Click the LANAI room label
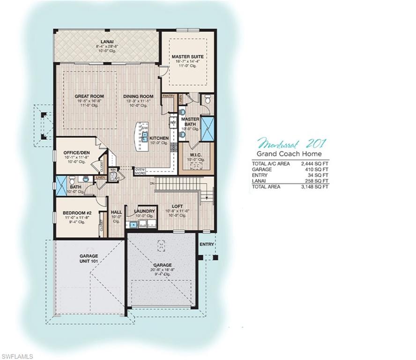[107, 42]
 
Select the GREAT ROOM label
[89, 97]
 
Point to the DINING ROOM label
[138, 97]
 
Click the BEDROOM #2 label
[77, 213]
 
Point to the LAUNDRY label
[144, 211]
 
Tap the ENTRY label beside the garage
[207, 244]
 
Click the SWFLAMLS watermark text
[17, 356]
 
